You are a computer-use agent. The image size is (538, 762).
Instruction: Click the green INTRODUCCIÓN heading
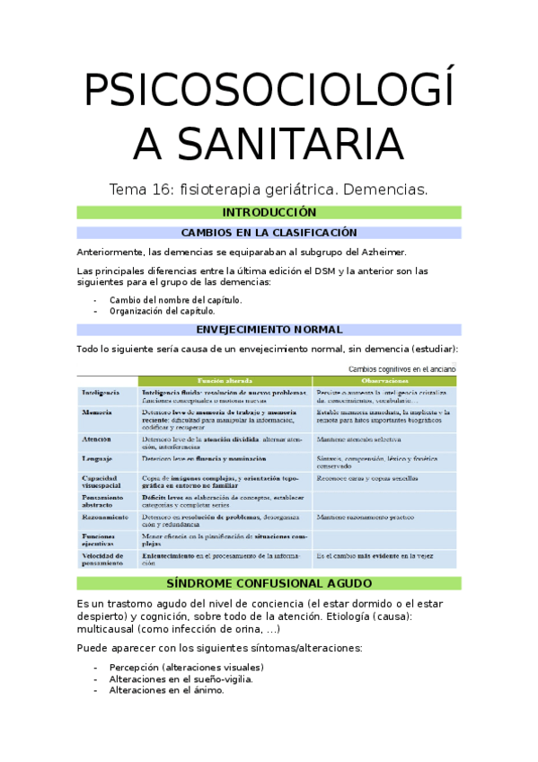(269, 213)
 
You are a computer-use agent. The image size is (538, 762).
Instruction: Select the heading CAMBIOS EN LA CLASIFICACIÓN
(269, 233)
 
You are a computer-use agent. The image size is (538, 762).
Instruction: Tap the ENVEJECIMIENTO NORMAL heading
(269, 330)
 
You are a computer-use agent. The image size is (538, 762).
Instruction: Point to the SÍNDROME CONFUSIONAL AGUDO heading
(269, 583)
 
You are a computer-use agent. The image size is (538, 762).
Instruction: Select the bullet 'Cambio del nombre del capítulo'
(175, 300)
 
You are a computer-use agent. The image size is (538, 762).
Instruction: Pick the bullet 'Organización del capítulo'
(162, 311)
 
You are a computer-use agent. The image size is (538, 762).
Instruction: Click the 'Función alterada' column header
(225, 381)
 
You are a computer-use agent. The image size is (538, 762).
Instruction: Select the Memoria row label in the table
(97, 412)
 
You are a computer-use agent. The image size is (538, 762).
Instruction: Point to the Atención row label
(97, 439)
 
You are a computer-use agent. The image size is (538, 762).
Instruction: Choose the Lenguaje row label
(98, 458)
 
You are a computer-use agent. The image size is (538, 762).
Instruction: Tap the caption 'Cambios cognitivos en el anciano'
(401, 368)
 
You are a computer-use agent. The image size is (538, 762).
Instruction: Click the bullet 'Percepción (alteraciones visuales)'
(186, 668)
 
